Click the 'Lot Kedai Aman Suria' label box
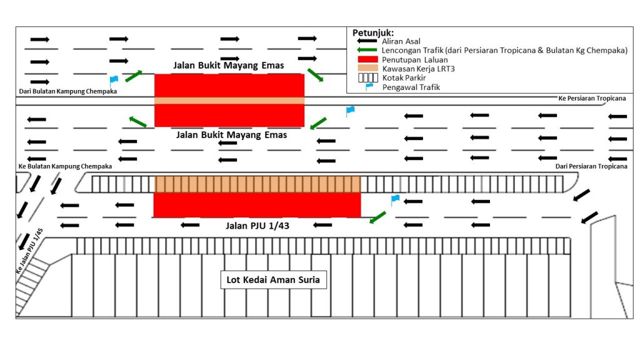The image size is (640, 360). (274, 279)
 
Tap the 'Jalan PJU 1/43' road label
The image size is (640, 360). (257, 226)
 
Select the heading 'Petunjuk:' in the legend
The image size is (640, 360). (373, 33)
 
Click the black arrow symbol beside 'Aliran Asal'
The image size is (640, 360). (367, 41)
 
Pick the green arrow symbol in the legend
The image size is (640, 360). (367, 50)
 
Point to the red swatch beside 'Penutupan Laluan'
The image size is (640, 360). (367, 59)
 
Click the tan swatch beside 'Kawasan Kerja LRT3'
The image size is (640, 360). (367, 68)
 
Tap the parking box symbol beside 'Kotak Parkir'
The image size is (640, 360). (368, 77)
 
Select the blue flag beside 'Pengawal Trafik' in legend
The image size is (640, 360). (369, 86)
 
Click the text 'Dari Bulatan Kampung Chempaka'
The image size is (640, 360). (68, 91)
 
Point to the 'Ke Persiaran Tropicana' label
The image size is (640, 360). (592, 98)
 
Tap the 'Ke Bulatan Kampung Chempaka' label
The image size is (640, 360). (65, 166)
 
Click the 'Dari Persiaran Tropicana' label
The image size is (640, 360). (591, 166)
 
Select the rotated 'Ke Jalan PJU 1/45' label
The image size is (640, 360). (29, 251)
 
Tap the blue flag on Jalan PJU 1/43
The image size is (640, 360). (395, 200)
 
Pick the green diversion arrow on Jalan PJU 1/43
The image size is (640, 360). (377, 217)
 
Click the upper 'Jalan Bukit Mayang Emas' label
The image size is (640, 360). (229, 65)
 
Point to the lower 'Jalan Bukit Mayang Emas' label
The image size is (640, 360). (231, 135)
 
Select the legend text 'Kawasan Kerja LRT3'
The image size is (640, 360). (418, 69)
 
